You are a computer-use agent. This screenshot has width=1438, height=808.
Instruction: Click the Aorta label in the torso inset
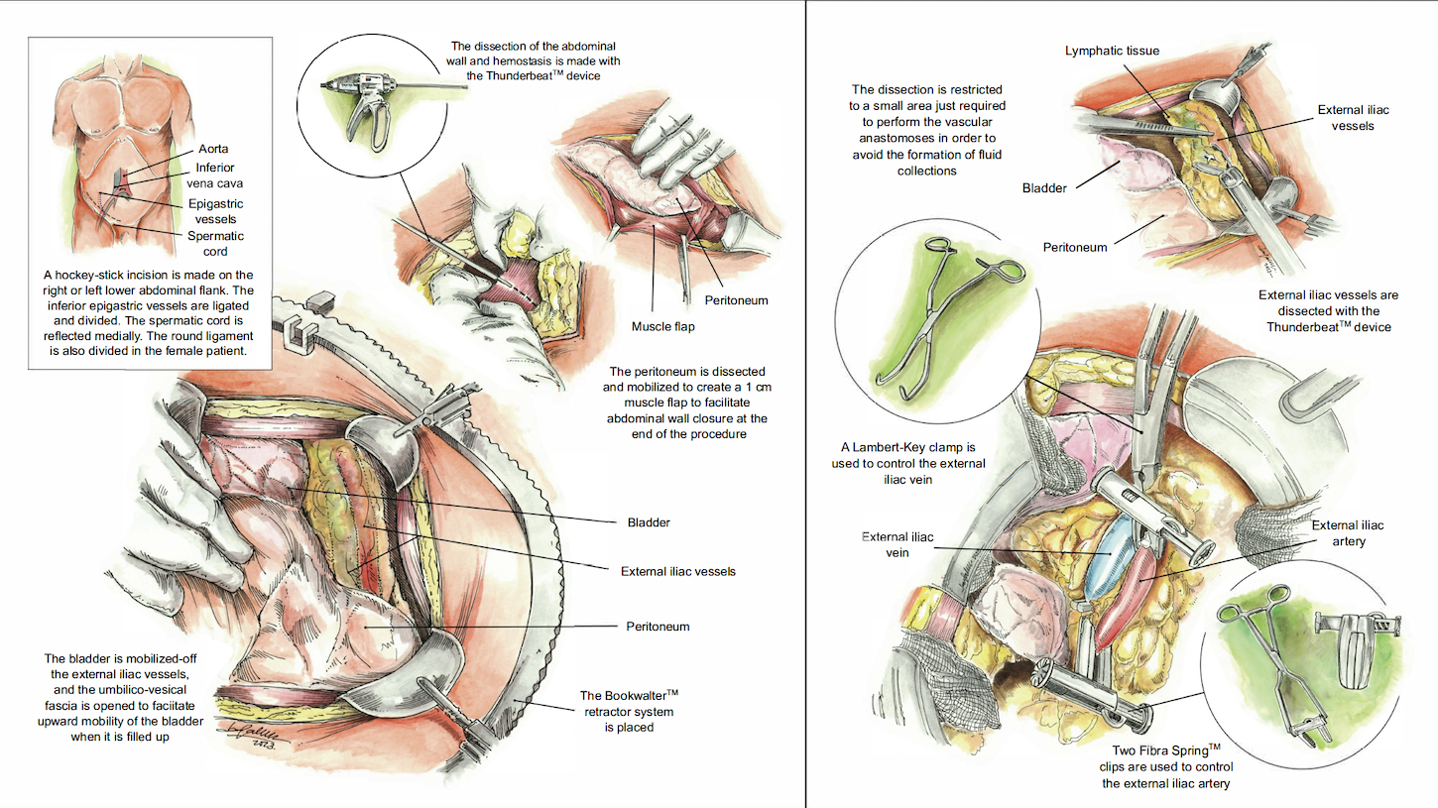214,149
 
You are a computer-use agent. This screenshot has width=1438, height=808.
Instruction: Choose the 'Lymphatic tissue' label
1112,51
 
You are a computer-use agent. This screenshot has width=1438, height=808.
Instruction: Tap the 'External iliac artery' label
1348,533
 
